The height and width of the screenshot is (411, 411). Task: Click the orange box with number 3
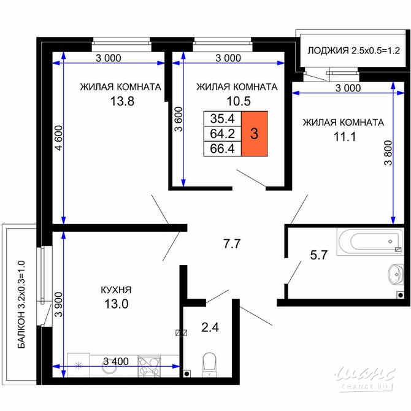click(x=254, y=134)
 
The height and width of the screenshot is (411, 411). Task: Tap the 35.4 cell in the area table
click(x=221, y=119)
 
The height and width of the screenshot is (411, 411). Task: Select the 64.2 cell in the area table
click(x=221, y=134)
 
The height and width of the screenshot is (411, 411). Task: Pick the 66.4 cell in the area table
click(x=221, y=148)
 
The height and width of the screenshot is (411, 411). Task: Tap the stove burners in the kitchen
click(x=149, y=366)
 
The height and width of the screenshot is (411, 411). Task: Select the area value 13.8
click(x=121, y=102)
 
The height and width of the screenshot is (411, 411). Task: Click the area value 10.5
click(x=236, y=102)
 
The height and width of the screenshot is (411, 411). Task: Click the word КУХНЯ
click(x=117, y=290)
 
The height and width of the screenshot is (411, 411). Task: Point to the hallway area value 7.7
click(x=231, y=244)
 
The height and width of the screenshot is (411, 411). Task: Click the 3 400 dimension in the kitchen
click(x=116, y=361)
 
